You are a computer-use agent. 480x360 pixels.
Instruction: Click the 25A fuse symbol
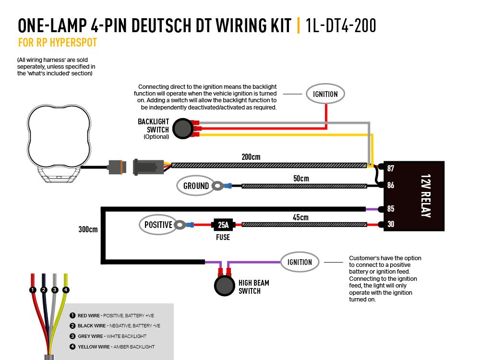point(223,225)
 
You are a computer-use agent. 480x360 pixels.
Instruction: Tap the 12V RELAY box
point(414,196)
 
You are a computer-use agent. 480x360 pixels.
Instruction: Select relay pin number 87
point(391,168)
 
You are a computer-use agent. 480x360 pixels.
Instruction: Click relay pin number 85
point(391,209)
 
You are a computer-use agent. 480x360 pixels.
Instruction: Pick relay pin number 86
point(391,185)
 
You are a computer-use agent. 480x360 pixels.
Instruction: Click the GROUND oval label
point(196,186)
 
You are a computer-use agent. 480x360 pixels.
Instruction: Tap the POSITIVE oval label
point(158,225)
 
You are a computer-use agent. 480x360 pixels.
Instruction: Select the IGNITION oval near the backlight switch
point(325,94)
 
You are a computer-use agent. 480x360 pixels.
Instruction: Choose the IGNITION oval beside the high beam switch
point(300,262)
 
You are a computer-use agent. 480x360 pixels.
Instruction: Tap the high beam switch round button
point(223,286)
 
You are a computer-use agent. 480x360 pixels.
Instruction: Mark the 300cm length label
point(88,229)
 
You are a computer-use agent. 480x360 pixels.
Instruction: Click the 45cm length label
point(300,217)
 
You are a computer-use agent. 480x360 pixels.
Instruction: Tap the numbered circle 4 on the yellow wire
point(66,290)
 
